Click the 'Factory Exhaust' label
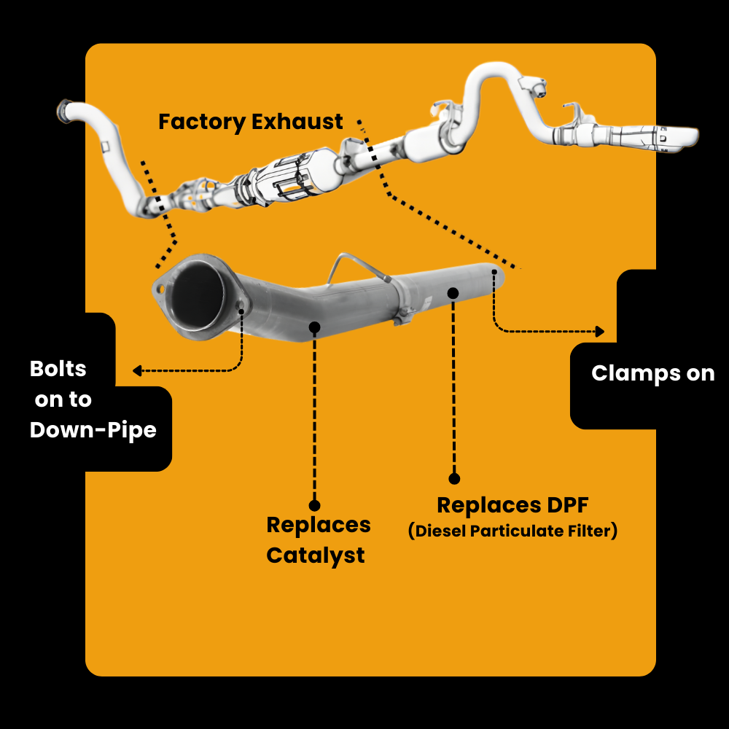(x=250, y=122)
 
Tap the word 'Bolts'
(x=58, y=369)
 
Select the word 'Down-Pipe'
(x=93, y=430)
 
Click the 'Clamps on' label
(x=652, y=373)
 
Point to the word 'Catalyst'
(x=315, y=555)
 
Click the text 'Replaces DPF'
(x=512, y=504)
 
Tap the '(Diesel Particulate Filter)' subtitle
(x=512, y=531)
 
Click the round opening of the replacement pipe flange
(x=197, y=296)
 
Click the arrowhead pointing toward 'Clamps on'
(x=600, y=332)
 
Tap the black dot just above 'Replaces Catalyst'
(x=314, y=504)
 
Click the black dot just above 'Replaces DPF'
(x=454, y=479)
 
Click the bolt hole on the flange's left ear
(x=159, y=289)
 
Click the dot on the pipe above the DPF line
(x=453, y=293)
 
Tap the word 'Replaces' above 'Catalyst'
(x=318, y=525)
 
